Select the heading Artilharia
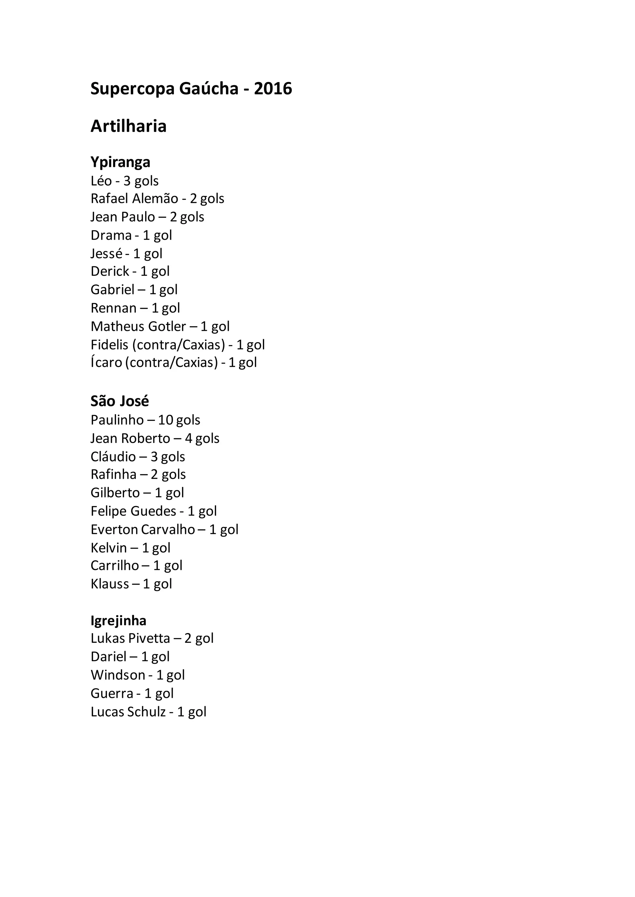point(129,126)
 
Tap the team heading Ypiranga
point(120,162)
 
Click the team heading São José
point(120,401)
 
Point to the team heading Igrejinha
point(118,620)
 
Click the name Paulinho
point(117,420)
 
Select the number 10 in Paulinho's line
point(165,420)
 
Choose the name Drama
point(111,235)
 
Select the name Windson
point(118,675)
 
